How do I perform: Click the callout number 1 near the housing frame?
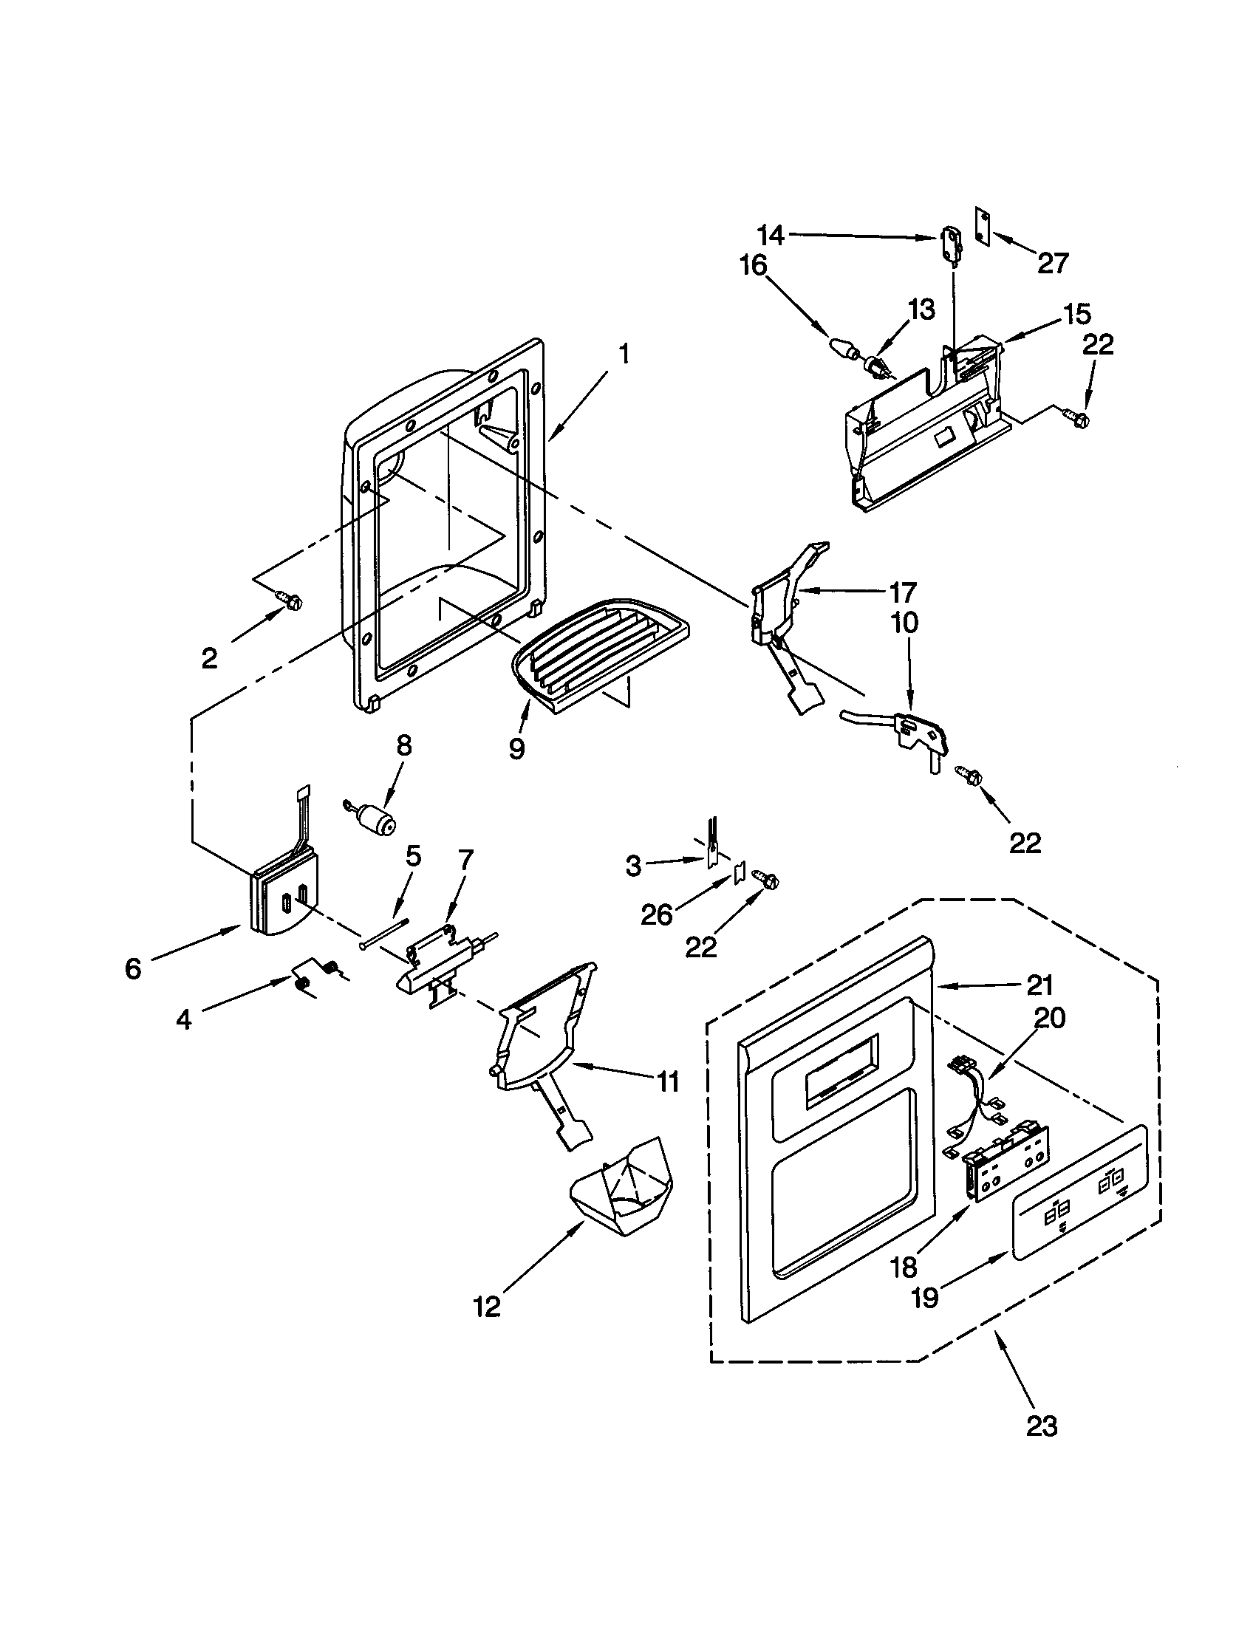coord(624,353)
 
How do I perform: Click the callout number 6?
coord(133,969)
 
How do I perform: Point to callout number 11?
coord(667,1081)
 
